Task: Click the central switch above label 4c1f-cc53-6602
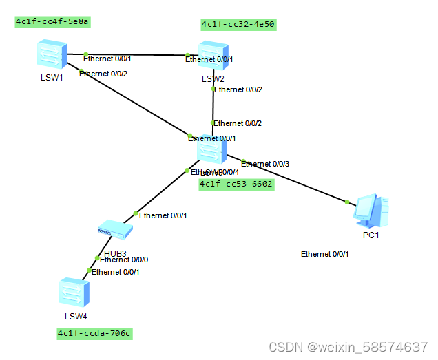211,148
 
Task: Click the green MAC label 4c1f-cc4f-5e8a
53,22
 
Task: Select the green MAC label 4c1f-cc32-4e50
238,25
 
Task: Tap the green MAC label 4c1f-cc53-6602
236,184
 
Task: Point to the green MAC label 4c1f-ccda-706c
94,334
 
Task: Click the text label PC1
371,235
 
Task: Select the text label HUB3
116,253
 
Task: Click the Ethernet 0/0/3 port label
265,164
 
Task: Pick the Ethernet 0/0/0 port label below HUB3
124,260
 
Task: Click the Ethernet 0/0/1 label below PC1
325,254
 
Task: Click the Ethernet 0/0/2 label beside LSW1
103,74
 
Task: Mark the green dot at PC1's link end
347,202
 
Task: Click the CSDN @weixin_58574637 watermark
348,346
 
